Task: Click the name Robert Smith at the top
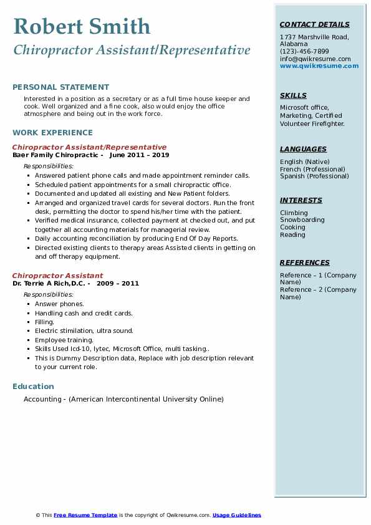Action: pyautogui.click(x=82, y=26)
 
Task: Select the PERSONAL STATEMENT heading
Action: pyautogui.click(x=60, y=87)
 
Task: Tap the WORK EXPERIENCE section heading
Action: pyautogui.click(x=52, y=133)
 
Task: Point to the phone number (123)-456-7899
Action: pyautogui.click(x=304, y=51)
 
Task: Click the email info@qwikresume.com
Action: pyautogui.click(x=315, y=59)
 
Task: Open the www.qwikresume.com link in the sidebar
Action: pyautogui.click(x=319, y=65)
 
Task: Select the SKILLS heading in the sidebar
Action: pyautogui.click(x=293, y=95)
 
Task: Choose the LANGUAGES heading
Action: pyautogui.click(x=303, y=149)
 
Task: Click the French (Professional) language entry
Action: pyautogui.click(x=312, y=169)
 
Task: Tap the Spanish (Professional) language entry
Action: pyautogui.click(x=314, y=176)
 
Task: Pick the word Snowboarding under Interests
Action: pyautogui.click(x=302, y=220)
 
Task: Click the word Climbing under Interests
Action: pyautogui.click(x=294, y=213)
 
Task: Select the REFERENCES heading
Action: pyautogui.click(x=305, y=262)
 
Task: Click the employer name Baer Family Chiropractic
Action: pyautogui.click(x=55, y=155)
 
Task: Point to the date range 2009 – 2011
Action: pyautogui.click(x=118, y=284)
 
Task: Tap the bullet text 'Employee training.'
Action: pyautogui.click(x=64, y=340)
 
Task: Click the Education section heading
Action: pyautogui.click(x=33, y=387)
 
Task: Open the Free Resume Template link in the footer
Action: pyautogui.click(x=85, y=515)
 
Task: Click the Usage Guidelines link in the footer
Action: pyautogui.click(x=236, y=515)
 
